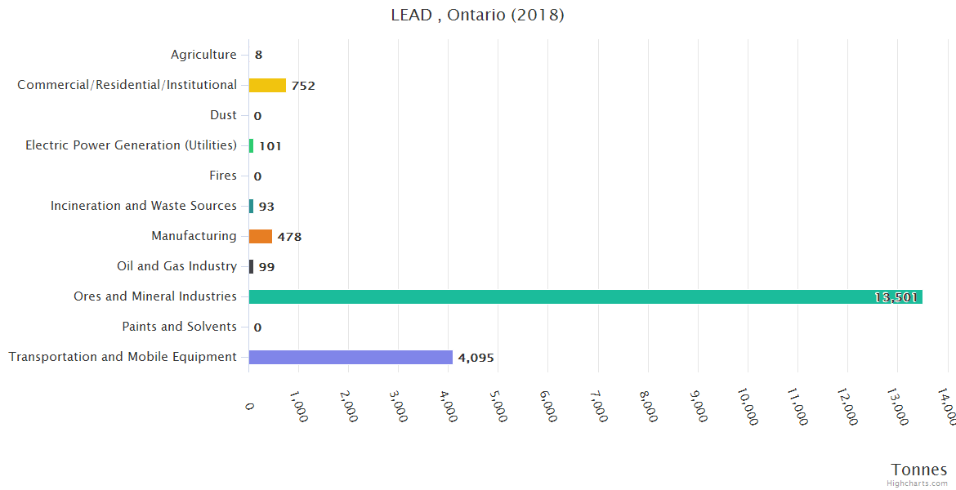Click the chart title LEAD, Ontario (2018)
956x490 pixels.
pyautogui.click(x=478, y=16)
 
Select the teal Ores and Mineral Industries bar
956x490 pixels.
pyautogui.click(x=585, y=296)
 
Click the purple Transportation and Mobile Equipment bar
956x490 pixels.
pyautogui.click(x=351, y=357)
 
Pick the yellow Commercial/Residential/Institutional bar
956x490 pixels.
pyautogui.click(x=267, y=85)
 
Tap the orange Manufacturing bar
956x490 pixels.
pyautogui.click(x=261, y=236)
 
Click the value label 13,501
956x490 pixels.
pyautogui.click(x=896, y=297)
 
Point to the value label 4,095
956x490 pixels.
pyautogui.click(x=476, y=358)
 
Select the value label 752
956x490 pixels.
pyautogui.click(x=303, y=86)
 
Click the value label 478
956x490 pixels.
pyautogui.click(x=289, y=237)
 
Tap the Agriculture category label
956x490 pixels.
pyautogui.click(x=203, y=55)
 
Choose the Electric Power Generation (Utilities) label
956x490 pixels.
pyautogui.click(x=131, y=145)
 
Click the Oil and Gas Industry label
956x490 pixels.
pyautogui.click(x=176, y=266)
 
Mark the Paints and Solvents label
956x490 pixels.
pyautogui.click(x=179, y=327)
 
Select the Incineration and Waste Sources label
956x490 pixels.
pyautogui.click(x=144, y=206)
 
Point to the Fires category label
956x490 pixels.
pyautogui.click(x=223, y=176)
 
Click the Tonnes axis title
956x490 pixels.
pyautogui.click(x=919, y=470)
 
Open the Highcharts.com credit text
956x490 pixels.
pyautogui.click(x=918, y=483)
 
